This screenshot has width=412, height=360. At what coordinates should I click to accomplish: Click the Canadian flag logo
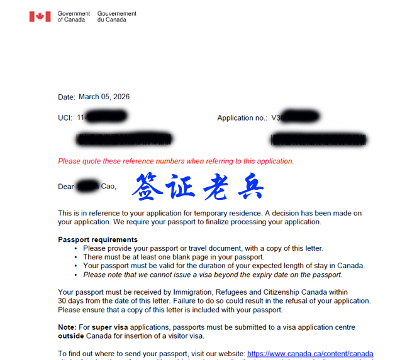coord(40,16)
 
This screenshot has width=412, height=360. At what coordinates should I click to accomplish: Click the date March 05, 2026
coord(104,97)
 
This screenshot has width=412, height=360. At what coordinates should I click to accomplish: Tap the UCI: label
coord(65,117)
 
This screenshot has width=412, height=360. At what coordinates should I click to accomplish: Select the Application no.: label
coord(242,117)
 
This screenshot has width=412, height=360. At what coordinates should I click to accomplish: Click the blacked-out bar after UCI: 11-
coord(106,117)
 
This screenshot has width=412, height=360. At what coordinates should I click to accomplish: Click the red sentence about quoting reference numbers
coord(175,161)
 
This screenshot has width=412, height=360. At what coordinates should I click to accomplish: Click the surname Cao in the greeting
coord(108,187)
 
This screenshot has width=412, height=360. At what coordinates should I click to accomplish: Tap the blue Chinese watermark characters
coord(198,187)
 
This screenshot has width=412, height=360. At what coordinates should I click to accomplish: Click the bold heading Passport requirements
coord(97,239)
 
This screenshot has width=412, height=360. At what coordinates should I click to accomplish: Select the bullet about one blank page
coord(174,257)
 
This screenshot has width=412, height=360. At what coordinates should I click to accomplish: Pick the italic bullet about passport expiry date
coord(213,275)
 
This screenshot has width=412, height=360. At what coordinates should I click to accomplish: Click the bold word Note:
coord(67,327)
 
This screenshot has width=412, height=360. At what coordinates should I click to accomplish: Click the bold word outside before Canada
coord(71,336)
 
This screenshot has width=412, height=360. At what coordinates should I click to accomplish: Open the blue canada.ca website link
coord(310,354)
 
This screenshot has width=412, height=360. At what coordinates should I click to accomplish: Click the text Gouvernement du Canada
coord(117,16)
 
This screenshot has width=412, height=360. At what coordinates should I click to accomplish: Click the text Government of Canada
coord(74,16)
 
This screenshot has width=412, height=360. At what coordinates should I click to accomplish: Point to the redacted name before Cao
coord(87,186)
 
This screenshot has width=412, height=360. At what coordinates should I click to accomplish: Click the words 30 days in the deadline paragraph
coord(69,301)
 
